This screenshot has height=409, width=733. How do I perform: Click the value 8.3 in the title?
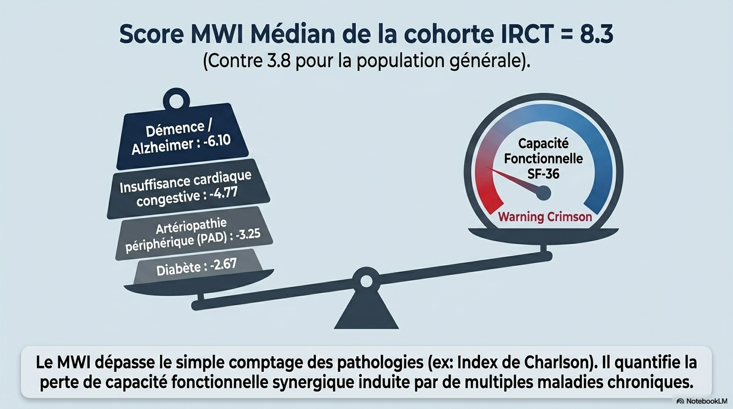click(597, 34)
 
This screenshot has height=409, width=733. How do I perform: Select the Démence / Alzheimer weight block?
click(183, 136)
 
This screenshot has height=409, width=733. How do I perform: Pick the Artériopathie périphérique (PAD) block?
click(194, 233)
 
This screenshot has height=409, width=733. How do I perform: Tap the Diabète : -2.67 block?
click(198, 267)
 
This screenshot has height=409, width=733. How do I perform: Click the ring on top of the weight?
click(176, 100)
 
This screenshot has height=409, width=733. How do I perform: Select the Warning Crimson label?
click(545, 217)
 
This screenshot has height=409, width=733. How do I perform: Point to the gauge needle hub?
click(543, 193)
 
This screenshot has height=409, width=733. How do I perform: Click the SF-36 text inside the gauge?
click(543, 174)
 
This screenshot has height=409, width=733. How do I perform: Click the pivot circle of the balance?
click(366, 281)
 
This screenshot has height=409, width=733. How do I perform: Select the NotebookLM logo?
click(702, 401)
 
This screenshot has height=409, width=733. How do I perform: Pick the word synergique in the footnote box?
click(313, 382)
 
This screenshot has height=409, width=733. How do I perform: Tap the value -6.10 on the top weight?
click(217, 141)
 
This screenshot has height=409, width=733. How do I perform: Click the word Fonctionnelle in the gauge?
click(543, 159)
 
